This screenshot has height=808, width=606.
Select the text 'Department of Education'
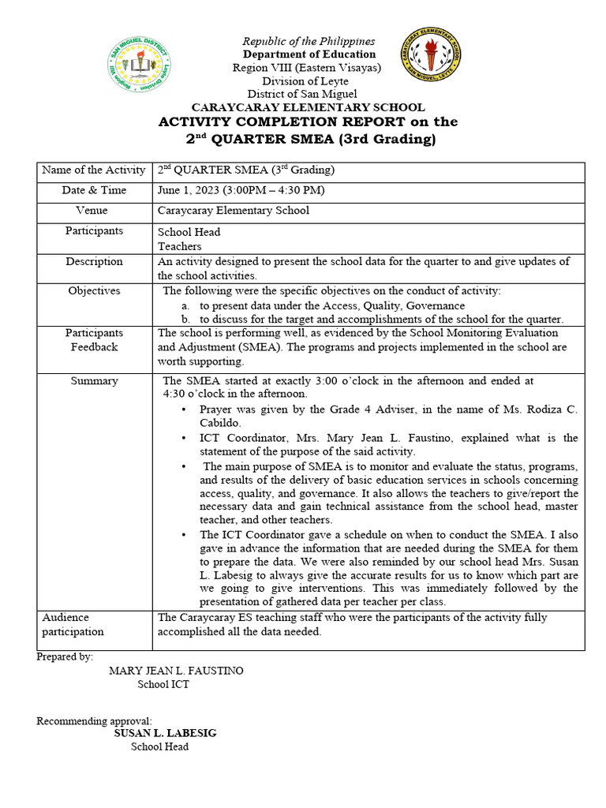(309, 54)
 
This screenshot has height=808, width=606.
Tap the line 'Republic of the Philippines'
(309, 41)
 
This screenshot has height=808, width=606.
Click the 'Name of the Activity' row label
(94, 170)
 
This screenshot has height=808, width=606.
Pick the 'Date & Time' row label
(94, 190)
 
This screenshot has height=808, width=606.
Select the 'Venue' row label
(92, 211)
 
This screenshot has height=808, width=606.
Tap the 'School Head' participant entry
(189, 232)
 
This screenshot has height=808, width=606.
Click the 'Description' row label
(94, 261)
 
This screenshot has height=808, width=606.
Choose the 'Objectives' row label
(94, 290)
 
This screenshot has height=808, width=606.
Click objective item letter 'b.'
(185, 320)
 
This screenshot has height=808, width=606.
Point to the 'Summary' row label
(94, 380)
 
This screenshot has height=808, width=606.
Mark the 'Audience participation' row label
(73, 624)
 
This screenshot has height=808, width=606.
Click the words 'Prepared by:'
(65, 656)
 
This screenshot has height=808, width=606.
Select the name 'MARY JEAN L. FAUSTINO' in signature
(176, 671)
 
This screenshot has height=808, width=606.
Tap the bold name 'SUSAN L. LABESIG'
(165, 733)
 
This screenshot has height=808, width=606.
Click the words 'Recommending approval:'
(94, 720)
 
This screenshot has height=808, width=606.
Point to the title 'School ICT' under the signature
(163, 684)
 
